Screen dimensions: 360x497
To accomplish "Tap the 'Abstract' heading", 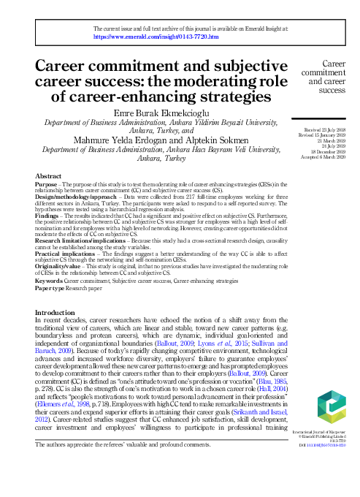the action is [49, 176].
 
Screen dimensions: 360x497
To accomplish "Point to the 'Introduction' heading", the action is [60, 312].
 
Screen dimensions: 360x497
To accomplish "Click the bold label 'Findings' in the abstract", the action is [48, 216].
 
